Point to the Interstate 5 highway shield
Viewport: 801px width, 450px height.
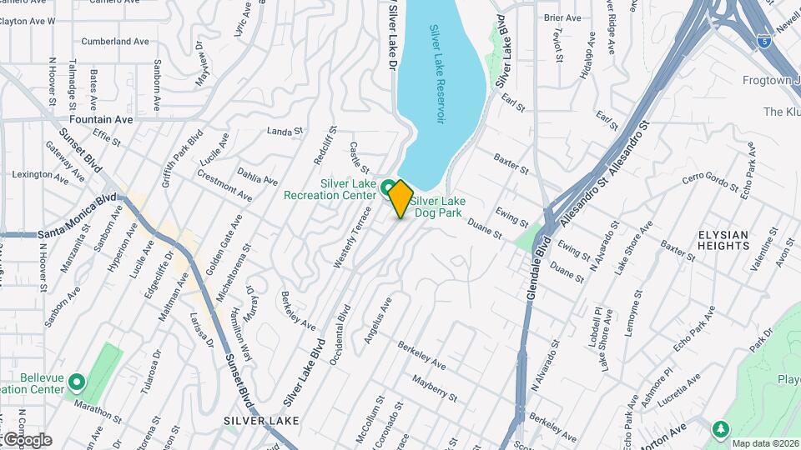pos(764,39)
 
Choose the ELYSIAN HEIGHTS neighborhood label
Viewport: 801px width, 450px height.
pos(723,240)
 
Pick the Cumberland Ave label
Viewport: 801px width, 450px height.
pos(116,41)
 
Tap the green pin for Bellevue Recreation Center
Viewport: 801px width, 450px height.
pos(77,383)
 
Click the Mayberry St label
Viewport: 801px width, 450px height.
pos(437,387)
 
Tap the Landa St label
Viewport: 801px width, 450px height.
pos(284,132)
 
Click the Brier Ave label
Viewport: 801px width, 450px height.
pos(562,17)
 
